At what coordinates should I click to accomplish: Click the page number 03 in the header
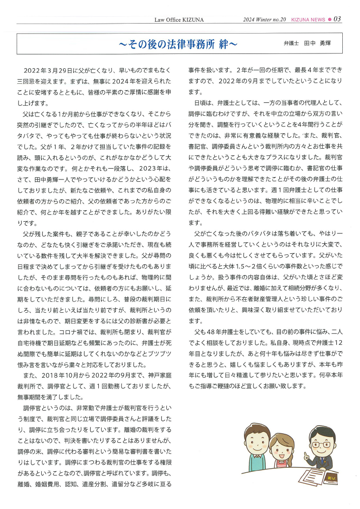point(337,19)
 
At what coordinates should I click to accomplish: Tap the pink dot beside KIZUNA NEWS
point(330,19)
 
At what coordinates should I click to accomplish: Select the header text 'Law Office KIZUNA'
point(180,19)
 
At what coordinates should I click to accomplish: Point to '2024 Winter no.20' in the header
point(264,19)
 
